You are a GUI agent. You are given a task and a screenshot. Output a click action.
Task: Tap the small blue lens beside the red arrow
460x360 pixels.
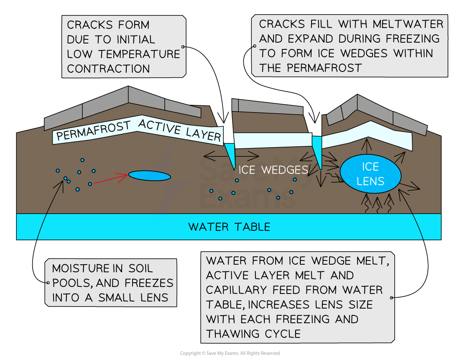pyautogui.click(x=149, y=176)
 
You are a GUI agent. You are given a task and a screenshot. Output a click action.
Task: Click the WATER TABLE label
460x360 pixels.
pyautogui.click(x=229, y=227)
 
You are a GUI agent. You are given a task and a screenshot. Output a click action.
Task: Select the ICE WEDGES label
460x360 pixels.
pyautogui.click(x=273, y=170)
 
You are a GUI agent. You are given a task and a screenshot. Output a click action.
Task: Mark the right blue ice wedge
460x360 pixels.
pyautogui.click(x=318, y=151)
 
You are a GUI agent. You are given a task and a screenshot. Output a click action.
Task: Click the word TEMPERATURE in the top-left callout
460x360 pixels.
pyautogui.click(x=138, y=54)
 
